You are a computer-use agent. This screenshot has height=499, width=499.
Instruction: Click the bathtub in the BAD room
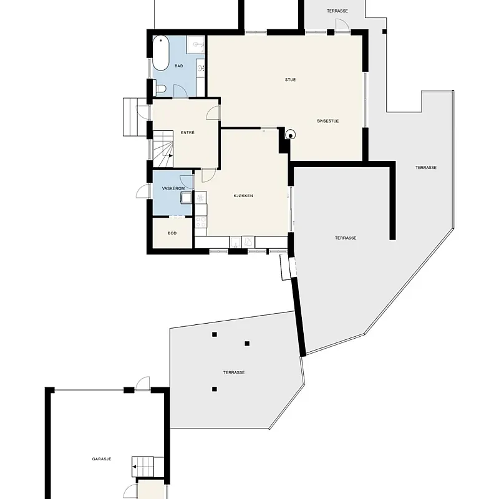pyautogui.click(x=161, y=55)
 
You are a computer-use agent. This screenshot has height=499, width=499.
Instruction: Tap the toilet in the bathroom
pyautogui.click(x=160, y=89)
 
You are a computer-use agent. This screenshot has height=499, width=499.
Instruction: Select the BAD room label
pyautogui.click(x=178, y=66)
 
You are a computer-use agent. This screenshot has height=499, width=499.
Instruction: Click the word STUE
pyautogui.click(x=290, y=79)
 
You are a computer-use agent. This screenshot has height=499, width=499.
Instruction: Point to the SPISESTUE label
pyautogui.click(x=327, y=121)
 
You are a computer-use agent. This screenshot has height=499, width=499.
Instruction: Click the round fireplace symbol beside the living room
pyautogui.click(x=290, y=134)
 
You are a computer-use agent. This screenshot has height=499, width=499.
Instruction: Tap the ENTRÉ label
pyautogui.click(x=188, y=132)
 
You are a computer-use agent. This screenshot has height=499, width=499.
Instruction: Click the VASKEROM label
pyautogui.click(x=172, y=188)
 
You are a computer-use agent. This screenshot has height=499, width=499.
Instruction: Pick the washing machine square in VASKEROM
pyautogui.click(x=187, y=198)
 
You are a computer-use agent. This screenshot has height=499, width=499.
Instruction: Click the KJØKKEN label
pyautogui.click(x=244, y=196)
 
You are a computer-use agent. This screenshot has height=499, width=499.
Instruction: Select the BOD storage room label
pyautogui.click(x=172, y=233)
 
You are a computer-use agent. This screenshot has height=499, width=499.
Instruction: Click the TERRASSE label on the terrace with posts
pyautogui.click(x=234, y=372)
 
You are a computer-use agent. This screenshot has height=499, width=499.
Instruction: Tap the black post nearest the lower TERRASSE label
pyautogui.click(x=215, y=389)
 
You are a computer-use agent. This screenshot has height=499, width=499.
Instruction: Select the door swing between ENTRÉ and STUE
pyautogui.click(x=213, y=112)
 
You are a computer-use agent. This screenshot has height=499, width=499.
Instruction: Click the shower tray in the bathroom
pyautogui.click(x=196, y=46)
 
